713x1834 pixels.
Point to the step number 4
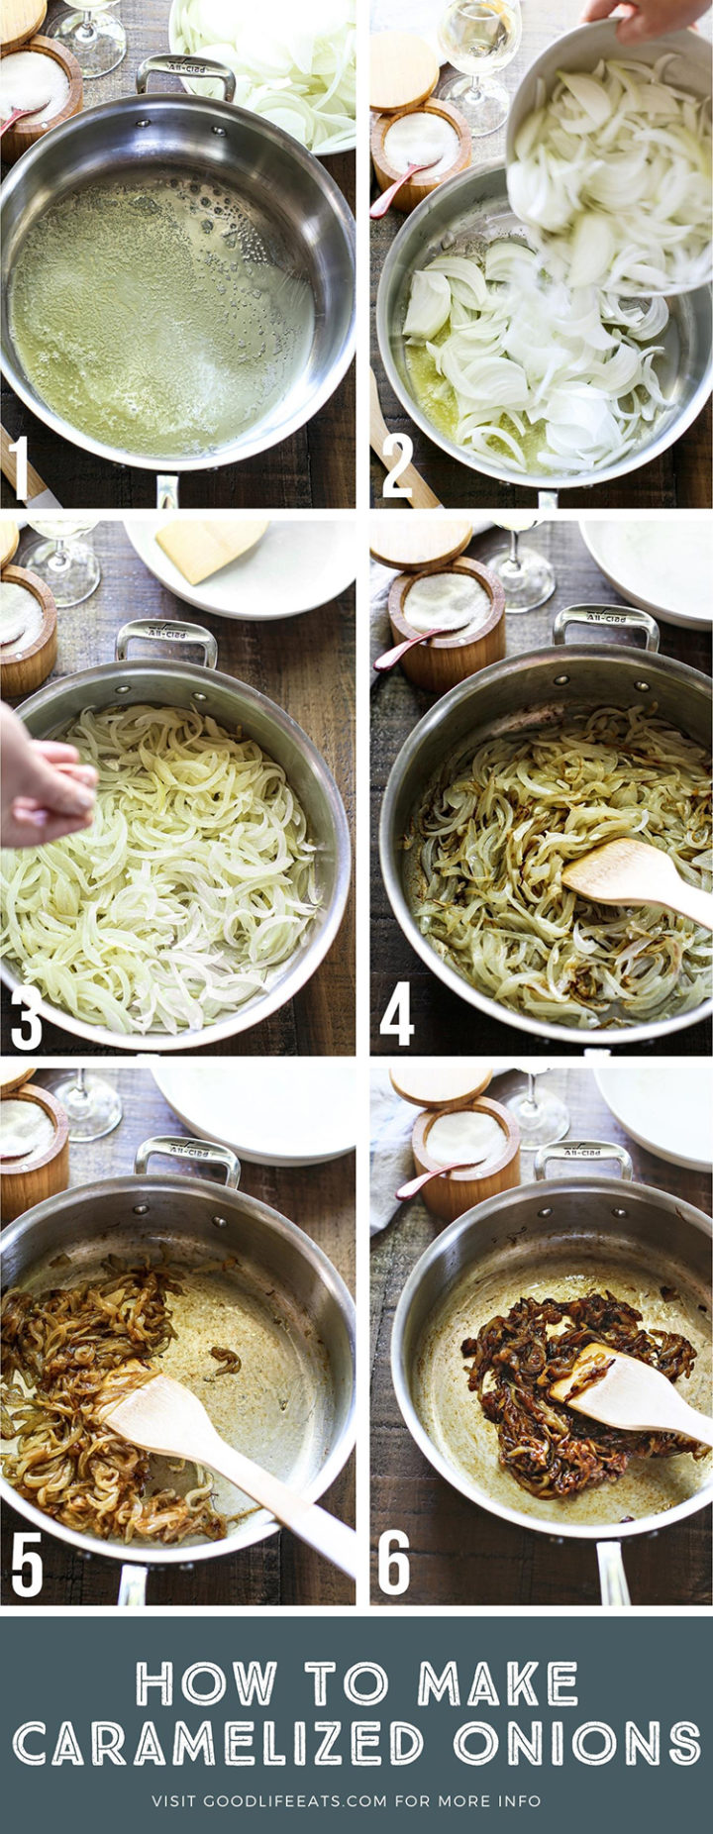(x=397, y=1016)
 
